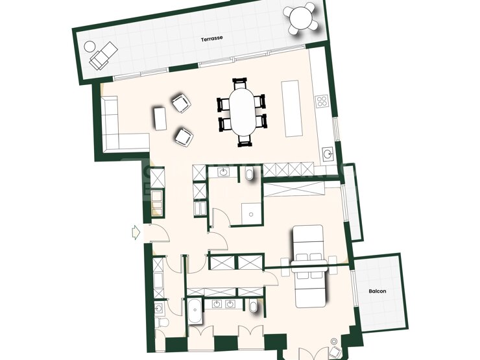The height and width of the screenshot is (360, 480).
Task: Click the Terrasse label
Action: pos(212,39)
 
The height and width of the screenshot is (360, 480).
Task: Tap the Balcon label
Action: pos(377,291)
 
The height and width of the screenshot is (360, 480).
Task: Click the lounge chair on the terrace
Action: pos(104,55)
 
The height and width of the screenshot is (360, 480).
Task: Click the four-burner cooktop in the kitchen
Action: pos(322,101)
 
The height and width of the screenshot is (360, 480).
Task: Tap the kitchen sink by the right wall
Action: pos(328,152)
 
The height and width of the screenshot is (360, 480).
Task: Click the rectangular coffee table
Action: pos(160,119)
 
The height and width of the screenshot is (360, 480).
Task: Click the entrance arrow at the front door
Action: pos(136,233)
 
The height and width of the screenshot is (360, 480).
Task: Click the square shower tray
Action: pos(251,213)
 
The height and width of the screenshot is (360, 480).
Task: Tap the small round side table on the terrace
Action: pos(90,47)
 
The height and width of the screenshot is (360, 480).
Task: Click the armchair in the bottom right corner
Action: pos(335,352)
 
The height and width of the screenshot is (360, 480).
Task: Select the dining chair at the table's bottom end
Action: pos(245,141)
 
